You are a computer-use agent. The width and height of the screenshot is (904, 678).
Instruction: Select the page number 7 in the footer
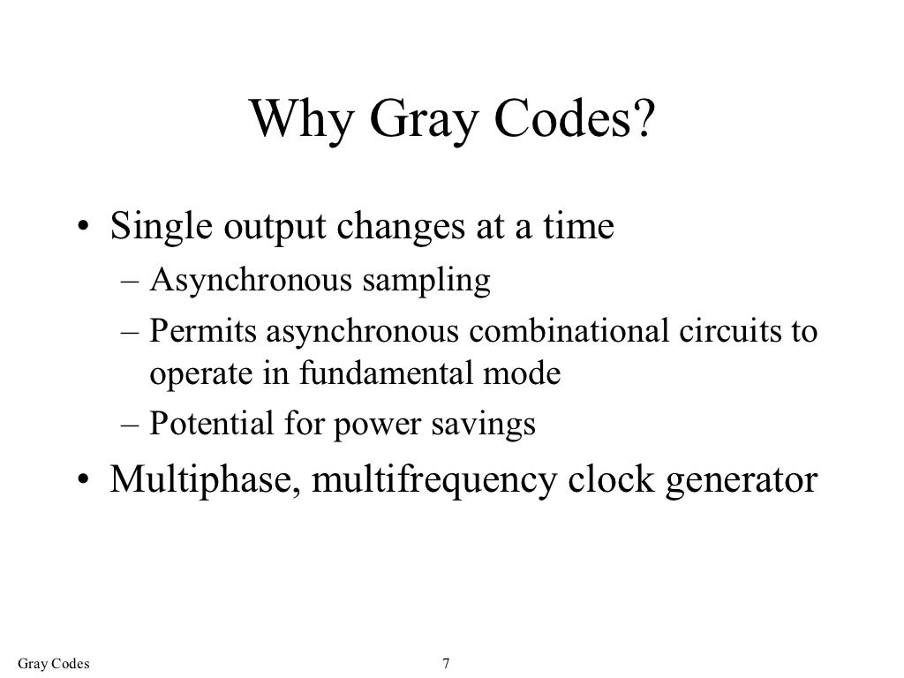click(447, 663)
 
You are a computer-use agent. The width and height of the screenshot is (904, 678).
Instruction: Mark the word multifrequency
click(428, 481)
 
